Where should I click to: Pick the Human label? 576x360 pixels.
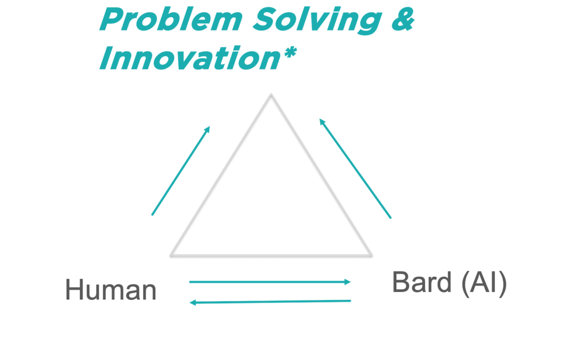tap(110, 291)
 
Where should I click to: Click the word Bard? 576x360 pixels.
tap(422, 282)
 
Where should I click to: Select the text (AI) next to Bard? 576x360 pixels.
tap(484, 283)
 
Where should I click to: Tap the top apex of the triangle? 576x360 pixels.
tap(271, 95)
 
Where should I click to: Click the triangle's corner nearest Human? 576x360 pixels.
tap(172, 255)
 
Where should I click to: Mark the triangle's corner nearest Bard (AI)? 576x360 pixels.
tap(370, 255)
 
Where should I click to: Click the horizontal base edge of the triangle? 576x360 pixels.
tap(271, 255)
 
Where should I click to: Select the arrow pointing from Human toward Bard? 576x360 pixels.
tap(269, 282)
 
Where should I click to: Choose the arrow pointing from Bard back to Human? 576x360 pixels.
tap(269, 302)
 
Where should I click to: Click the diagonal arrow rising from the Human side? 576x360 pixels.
tap(181, 171)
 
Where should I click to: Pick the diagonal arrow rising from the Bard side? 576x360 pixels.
tap(355, 169)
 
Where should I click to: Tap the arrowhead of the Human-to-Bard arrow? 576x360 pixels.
tap(348, 282)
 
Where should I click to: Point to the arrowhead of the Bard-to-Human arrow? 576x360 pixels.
tap(193, 302)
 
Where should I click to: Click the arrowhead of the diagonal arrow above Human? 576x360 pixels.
tap(208, 129)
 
